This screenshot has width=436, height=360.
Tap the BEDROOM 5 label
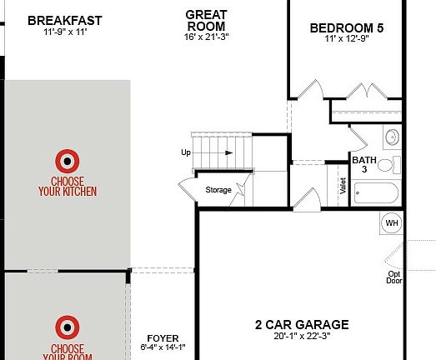[x=347, y=27]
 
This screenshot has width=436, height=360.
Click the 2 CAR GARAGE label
[x=301, y=324]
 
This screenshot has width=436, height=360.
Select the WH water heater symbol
[x=392, y=223]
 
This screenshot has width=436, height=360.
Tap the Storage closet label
[x=218, y=190]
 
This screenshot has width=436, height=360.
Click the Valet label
[x=343, y=186]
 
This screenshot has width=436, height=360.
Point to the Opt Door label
[x=393, y=277]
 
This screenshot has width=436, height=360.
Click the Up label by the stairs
[x=185, y=152]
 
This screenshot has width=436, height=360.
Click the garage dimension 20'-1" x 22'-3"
[x=301, y=337]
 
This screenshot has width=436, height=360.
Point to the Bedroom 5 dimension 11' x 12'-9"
[x=347, y=40]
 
